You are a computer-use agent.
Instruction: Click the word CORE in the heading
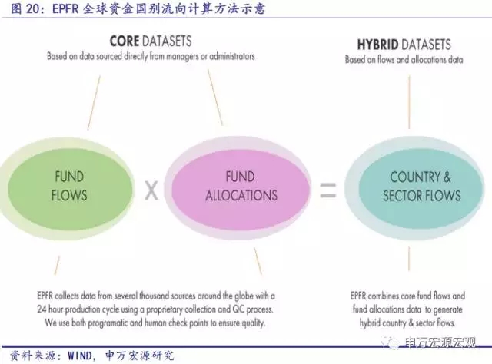(x=125, y=41)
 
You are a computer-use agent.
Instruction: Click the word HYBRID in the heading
(x=377, y=45)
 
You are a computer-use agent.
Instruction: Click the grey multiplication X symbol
(x=151, y=190)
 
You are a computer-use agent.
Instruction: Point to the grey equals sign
(x=328, y=190)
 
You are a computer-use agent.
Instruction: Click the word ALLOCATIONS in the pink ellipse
(x=241, y=196)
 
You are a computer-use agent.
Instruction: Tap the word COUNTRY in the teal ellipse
(x=415, y=177)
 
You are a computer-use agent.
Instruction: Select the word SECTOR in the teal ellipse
(x=403, y=196)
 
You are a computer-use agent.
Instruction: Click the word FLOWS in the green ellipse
(x=69, y=196)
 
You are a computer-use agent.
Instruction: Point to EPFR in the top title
(x=65, y=8)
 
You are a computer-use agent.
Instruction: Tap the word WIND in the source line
(x=80, y=356)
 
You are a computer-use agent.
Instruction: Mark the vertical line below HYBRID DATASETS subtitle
(x=409, y=102)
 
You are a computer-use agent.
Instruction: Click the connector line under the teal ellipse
(x=409, y=258)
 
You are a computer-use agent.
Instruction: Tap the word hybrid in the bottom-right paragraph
(x=370, y=323)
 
